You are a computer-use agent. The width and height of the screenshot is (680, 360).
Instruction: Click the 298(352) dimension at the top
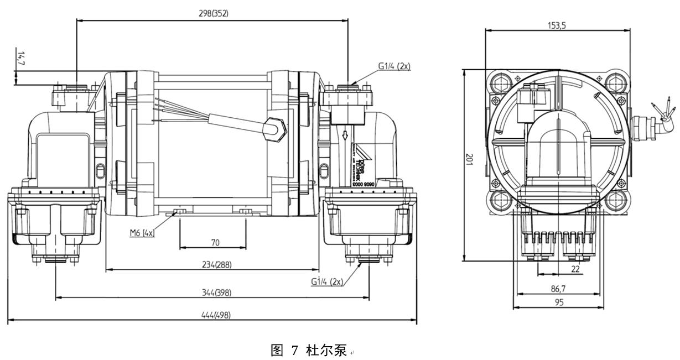click(x=213, y=14)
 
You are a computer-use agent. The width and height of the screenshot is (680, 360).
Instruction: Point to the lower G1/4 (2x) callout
click(x=326, y=281)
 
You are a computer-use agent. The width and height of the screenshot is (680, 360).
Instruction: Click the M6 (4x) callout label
click(x=142, y=233)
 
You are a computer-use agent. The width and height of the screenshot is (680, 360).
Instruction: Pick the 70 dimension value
click(x=215, y=243)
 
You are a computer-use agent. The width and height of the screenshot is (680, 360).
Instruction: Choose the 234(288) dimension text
click(x=216, y=265)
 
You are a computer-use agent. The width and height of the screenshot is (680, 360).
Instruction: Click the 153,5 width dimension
click(x=557, y=25)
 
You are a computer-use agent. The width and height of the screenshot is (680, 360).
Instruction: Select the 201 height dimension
click(x=469, y=160)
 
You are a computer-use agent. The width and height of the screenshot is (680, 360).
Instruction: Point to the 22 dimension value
click(x=575, y=269)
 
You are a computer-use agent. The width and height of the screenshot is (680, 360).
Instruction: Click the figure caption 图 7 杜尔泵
click(x=308, y=350)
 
